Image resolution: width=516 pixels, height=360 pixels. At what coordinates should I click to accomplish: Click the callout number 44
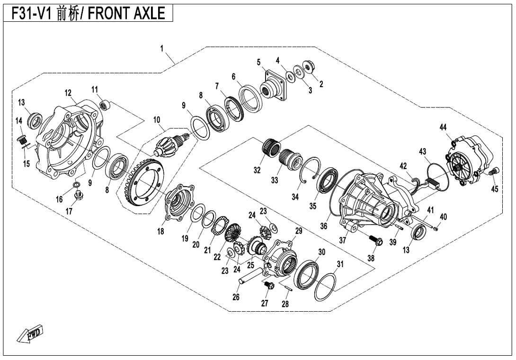tap(443, 127)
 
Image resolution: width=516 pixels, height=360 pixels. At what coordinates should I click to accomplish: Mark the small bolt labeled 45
tap(494, 171)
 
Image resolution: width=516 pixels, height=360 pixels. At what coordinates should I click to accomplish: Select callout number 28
tap(285, 304)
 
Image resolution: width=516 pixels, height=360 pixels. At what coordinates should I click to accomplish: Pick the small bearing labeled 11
tap(105, 106)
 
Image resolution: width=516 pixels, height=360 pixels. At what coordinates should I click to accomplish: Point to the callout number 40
tap(444, 217)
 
